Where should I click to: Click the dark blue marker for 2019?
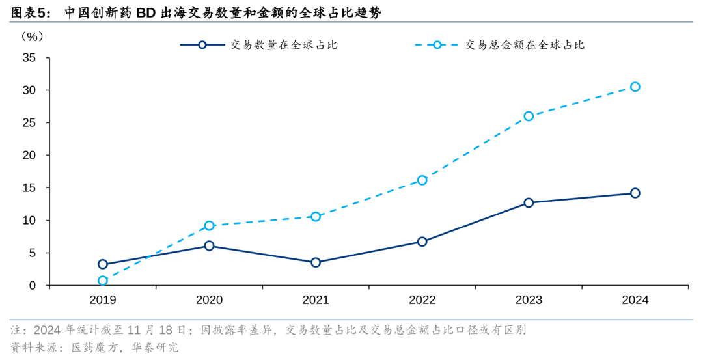coord(103,264)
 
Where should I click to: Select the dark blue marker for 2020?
coord(209,245)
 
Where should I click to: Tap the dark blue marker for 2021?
coord(316,262)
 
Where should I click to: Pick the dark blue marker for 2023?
coord(529,202)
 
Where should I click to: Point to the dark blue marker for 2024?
coord(635,193)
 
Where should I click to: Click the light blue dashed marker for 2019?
coord(103,281)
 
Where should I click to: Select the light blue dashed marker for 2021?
coord(316,216)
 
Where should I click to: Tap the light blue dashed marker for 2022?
coord(422,180)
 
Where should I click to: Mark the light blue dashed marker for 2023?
coord(529,116)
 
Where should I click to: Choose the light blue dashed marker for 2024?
coord(635,87)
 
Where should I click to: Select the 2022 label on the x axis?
coord(422,300)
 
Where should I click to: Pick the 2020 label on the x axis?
coord(209,300)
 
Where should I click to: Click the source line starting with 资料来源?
coord(94,347)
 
